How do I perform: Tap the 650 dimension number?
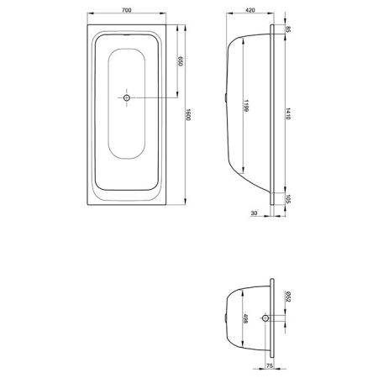pos(181,61)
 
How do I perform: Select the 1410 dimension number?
pos(288,114)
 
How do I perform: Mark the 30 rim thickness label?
pos(253,213)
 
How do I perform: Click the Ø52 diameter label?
pos(288,296)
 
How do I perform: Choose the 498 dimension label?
pos(245,320)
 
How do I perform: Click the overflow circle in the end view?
pos(266,318)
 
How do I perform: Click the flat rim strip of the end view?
pos(273,319)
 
